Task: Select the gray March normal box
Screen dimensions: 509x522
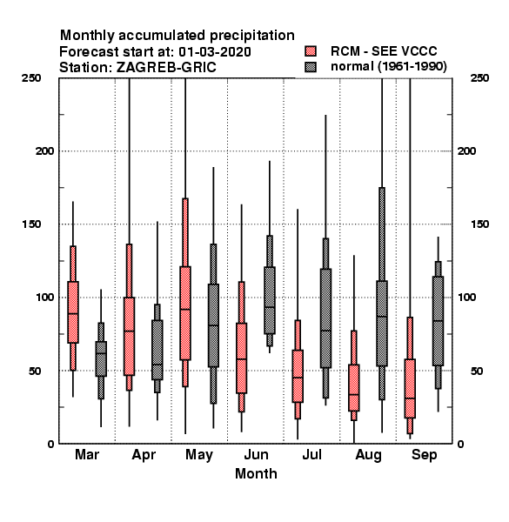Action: (x=101, y=358)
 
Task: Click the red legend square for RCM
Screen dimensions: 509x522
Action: (x=311, y=51)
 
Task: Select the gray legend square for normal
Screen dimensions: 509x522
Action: (x=311, y=67)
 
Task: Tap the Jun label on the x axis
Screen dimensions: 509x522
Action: (x=256, y=455)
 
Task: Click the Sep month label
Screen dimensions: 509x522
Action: (x=424, y=455)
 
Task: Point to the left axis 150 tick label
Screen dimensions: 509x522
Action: (x=31, y=224)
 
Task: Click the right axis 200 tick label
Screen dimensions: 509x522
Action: (x=466, y=151)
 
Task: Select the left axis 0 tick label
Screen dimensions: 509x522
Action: (x=50, y=444)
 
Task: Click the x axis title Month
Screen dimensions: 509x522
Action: (x=256, y=474)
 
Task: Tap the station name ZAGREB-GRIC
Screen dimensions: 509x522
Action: (x=166, y=68)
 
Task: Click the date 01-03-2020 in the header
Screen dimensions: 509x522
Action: (x=215, y=52)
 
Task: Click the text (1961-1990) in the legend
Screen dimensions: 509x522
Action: (x=412, y=67)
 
